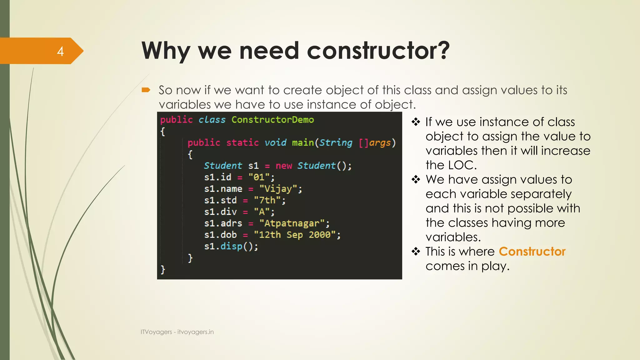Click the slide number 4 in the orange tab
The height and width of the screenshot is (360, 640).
click(60, 51)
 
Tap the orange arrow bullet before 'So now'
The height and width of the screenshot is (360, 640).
click(146, 90)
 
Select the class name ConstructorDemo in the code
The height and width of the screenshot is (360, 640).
click(272, 120)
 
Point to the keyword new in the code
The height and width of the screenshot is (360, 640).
click(283, 166)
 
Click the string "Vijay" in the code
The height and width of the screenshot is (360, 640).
click(278, 189)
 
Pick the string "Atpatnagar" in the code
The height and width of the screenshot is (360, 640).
click(292, 223)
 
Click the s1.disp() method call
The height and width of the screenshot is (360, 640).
click(231, 246)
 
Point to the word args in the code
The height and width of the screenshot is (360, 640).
click(380, 143)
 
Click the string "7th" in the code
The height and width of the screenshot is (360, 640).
click(267, 200)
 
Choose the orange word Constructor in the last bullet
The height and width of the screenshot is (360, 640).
click(532, 252)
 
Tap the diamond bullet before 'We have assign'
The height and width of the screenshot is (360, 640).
click(416, 180)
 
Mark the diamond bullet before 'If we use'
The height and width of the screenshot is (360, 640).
click(416, 122)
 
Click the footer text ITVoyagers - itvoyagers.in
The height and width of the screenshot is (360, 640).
click(177, 332)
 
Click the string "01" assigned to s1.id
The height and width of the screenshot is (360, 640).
click(259, 177)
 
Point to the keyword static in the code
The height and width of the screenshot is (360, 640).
click(242, 143)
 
